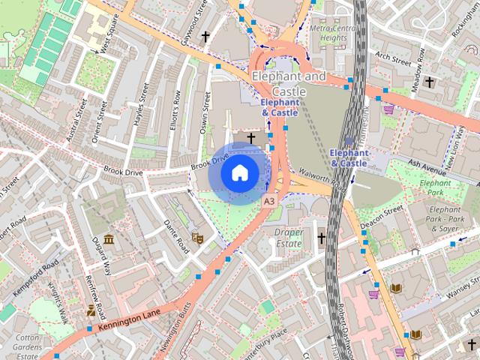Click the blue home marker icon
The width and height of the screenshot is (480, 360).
coord(238,173)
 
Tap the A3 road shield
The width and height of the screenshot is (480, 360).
coord(268,202)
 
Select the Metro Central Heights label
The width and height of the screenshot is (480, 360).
coord(328,33)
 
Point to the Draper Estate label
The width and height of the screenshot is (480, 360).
coord(288,238)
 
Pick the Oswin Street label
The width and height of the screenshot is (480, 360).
coord(204,112)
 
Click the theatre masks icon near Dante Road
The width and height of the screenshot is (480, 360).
coord(198,238)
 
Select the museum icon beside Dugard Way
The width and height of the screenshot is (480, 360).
coord(109,240)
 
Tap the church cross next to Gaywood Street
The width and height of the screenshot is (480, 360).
coord(205,36)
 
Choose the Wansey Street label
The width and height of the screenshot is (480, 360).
coord(460,289)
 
